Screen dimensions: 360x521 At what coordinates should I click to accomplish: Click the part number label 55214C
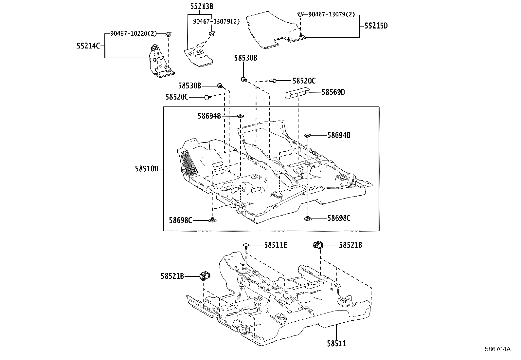point(88,46)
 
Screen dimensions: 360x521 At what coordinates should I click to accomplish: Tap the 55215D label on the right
point(376,26)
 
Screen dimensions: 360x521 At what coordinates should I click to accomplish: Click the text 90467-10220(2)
point(134,33)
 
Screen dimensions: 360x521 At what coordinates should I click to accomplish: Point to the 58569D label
point(333,92)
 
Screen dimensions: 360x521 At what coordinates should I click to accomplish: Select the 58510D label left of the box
point(147,169)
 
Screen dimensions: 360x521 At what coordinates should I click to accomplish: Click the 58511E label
point(276,245)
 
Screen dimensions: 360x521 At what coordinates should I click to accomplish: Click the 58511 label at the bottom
point(336,343)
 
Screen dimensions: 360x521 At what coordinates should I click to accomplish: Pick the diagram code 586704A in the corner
point(497,349)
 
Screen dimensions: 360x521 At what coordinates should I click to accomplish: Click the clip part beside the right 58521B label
point(318,245)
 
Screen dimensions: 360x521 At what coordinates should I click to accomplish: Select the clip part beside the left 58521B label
point(205,276)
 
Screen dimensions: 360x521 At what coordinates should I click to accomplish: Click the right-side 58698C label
point(339,218)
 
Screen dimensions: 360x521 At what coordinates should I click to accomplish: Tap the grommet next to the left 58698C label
point(213,220)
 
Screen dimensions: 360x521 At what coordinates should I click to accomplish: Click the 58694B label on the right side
point(339,135)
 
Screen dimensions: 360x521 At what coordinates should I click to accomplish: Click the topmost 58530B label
point(245,58)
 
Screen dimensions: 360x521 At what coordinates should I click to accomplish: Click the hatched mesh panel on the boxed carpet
point(189,163)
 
